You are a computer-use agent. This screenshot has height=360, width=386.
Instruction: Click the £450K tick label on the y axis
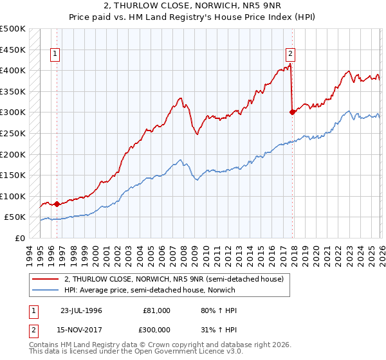(13, 50)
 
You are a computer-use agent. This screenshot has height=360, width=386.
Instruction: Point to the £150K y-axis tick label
(13, 175)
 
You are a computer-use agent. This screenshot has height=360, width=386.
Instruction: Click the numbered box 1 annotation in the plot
(56, 55)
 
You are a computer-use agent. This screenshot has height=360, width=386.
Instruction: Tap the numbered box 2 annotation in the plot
(291, 55)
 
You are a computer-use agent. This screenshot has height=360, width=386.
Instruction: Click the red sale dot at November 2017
(292, 112)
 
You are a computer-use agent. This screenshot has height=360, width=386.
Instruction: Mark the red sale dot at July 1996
(57, 204)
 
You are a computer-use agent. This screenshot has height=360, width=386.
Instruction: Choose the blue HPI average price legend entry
(150, 290)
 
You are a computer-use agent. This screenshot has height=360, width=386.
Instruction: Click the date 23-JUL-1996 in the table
(81, 310)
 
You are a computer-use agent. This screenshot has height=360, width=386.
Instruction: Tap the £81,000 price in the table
(157, 310)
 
